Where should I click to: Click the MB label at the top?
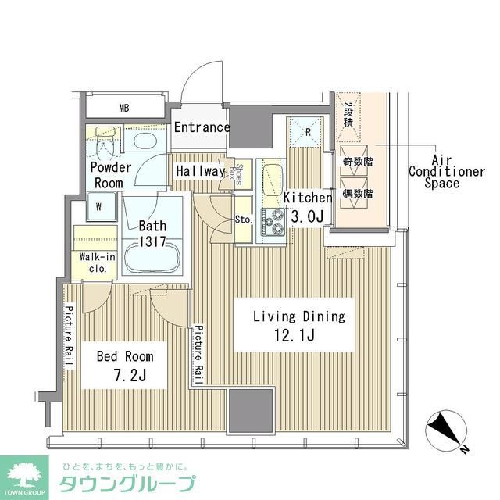click(124, 107)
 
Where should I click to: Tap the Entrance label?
click(202, 127)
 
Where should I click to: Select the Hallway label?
click(200, 171)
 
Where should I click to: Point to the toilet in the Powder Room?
click(105, 144)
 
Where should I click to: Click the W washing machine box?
click(99, 208)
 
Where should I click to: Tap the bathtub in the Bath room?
click(152, 257)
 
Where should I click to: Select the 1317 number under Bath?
click(153, 241)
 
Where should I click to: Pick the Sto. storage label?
click(243, 220)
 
